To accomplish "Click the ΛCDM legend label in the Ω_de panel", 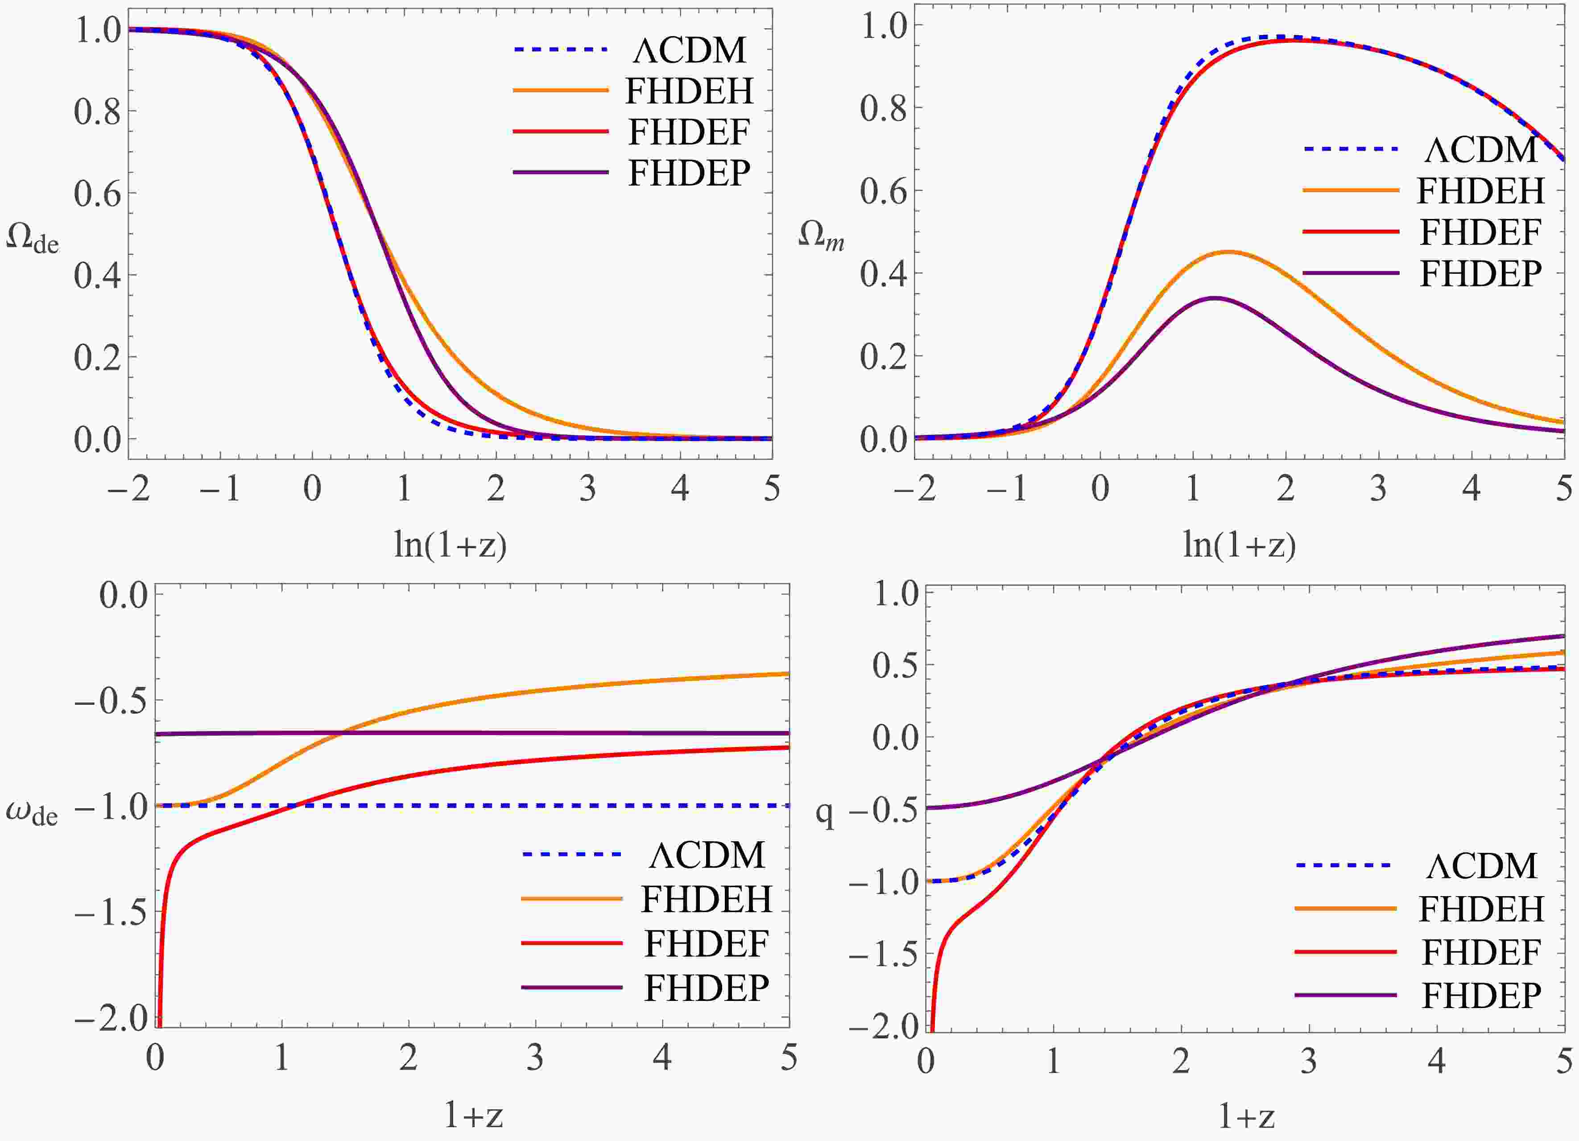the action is click(689, 50).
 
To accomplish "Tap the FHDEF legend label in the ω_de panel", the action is click(706, 944).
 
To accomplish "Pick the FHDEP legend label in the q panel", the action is click(1481, 995).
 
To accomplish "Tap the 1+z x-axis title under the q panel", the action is click(1246, 1116).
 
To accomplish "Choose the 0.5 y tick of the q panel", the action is click(895, 665).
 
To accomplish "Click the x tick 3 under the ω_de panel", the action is click(535, 1058).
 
